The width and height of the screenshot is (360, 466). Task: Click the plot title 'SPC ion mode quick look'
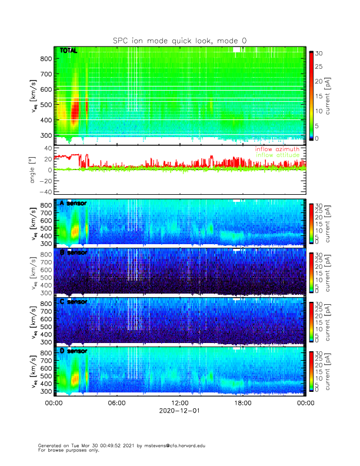click(179, 40)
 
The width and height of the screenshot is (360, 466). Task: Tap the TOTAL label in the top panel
click(69, 51)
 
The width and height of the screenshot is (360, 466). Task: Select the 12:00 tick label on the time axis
click(179, 403)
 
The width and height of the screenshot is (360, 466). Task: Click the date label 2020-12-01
click(179, 411)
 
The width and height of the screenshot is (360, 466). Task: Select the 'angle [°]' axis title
click(34, 169)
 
